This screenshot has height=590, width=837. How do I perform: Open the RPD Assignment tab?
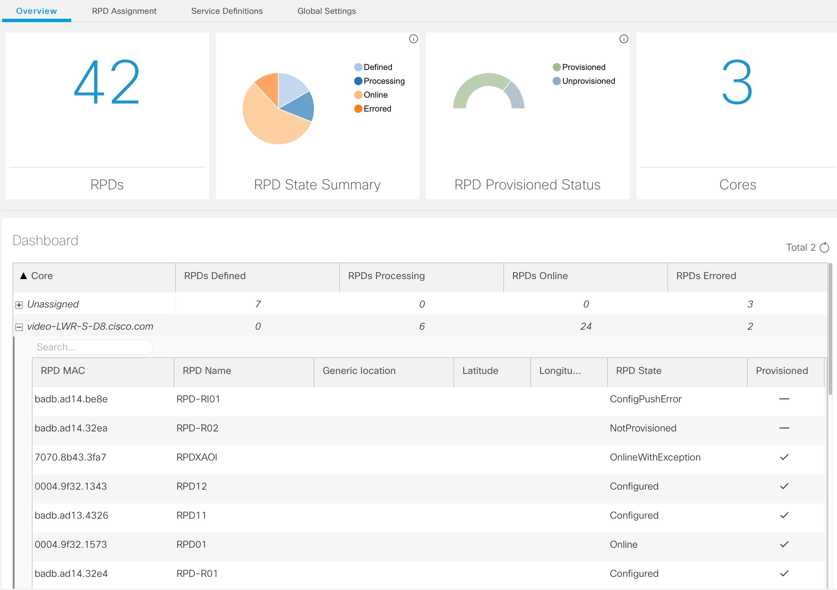(124, 11)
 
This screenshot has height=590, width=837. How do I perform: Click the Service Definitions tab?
(227, 11)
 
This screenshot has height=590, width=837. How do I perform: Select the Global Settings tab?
(326, 11)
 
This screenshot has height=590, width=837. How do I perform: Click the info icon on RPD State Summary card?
(413, 39)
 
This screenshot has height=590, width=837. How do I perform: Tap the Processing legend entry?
(384, 81)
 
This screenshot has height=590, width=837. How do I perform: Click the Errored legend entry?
(377, 109)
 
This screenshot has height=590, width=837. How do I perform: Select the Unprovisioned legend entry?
(588, 81)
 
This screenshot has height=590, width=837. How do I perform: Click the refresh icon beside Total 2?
(824, 248)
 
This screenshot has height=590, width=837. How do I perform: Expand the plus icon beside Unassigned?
(19, 305)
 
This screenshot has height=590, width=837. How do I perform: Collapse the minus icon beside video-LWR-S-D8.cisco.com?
(19, 327)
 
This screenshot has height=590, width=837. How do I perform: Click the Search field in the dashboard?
(94, 347)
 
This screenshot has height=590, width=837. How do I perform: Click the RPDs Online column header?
(540, 276)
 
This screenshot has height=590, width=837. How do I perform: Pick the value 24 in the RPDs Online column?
(585, 327)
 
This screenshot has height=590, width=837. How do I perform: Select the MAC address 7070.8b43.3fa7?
(70, 457)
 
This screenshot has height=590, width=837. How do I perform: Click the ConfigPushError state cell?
(645, 399)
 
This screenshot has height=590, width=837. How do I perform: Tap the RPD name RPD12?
(191, 486)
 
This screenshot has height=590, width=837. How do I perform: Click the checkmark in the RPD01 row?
(784, 544)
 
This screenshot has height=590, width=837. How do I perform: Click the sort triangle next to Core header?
(24, 276)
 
